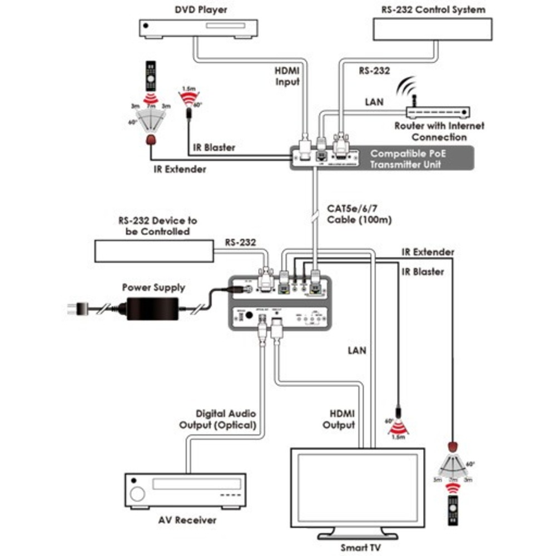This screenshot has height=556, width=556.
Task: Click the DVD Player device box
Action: point(197,27)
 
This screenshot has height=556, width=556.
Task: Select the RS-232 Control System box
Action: point(433,28)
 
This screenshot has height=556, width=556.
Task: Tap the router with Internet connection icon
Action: point(436,112)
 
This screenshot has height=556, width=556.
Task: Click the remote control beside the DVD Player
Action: point(151,77)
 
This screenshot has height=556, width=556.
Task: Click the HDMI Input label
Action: point(287,76)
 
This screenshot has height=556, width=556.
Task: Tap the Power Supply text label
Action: point(153,288)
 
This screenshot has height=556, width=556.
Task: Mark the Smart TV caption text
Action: point(361,547)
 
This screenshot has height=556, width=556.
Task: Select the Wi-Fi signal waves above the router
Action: point(408,89)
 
